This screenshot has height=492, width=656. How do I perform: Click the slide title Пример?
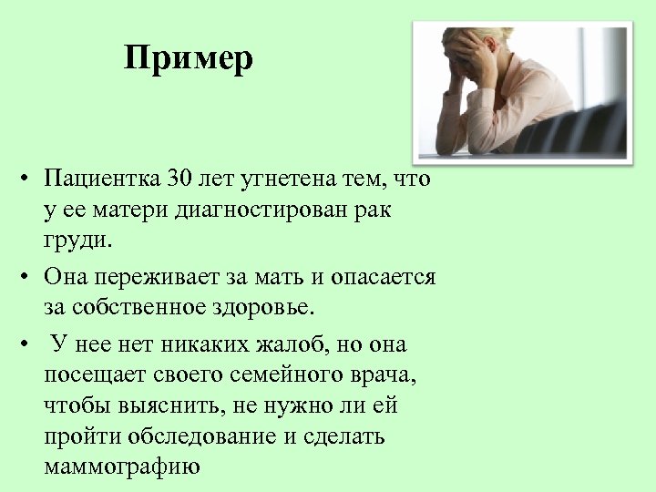[189, 59]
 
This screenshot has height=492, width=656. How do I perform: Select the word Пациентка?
[100, 177]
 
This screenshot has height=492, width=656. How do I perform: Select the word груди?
[77, 242]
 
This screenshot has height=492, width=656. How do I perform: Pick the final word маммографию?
[120, 467]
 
